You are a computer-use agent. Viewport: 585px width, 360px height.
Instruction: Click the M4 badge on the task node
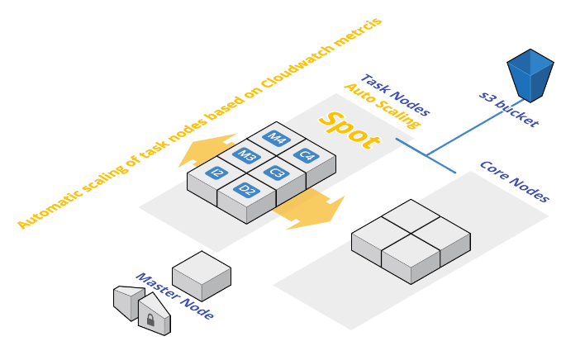tap(276, 138)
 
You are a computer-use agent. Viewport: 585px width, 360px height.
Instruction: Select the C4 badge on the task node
tap(306, 155)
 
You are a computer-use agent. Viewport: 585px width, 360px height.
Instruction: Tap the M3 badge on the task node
tap(246, 155)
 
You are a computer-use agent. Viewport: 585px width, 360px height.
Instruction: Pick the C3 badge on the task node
tap(277, 173)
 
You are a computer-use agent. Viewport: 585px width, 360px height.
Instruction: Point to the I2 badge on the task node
tap(216, 173)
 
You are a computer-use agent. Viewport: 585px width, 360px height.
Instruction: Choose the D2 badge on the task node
tap(246, 190)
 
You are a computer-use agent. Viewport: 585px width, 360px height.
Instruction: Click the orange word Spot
tap(349, 130)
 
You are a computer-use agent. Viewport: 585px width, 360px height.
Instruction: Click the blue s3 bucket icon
tap(530, 75)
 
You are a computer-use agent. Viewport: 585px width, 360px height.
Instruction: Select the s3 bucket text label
tap(509, 109)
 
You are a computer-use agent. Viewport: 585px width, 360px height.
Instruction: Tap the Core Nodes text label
tap(514, 181)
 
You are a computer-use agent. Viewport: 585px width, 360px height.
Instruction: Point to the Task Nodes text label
tap(396, 95)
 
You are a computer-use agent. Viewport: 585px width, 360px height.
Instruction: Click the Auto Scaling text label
tap(382, 106)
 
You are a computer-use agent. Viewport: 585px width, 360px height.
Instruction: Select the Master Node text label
tap(174, 296)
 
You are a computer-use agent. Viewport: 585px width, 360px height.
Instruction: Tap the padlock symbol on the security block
tap(150, 320)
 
